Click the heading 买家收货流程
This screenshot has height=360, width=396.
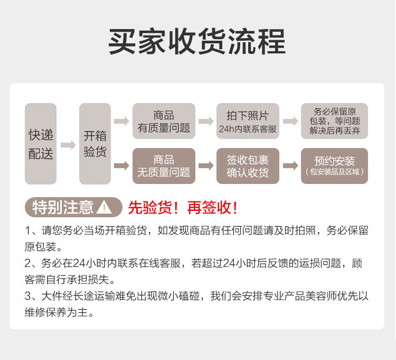point(197,42)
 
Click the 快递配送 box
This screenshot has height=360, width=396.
point(41,144)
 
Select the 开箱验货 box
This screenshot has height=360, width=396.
point(95,144)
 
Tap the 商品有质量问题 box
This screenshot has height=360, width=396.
point(164,121)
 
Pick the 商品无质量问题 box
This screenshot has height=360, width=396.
point(164,166)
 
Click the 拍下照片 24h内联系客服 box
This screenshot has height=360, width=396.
point(248,121)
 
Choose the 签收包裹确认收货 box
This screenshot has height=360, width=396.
point(248,166)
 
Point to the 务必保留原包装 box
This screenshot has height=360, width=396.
point(334,121)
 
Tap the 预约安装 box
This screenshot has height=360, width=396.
point(334,166)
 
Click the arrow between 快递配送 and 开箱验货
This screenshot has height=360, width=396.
point(68,145)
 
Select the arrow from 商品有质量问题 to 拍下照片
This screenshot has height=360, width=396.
point(206,121)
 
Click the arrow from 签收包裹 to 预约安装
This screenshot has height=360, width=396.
point(290,166)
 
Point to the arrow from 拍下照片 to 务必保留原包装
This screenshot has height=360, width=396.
point(290,121)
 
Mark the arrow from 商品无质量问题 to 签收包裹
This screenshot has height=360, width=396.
point(206,166)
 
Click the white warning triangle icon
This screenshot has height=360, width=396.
point(104,208)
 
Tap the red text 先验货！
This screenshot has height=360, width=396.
point(153,208)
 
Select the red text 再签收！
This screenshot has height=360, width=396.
point(212,208)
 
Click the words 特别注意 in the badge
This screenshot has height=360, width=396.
point(63,208)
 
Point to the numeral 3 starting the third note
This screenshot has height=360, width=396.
point(27,296)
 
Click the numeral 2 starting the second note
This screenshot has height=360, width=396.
point(27,263)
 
